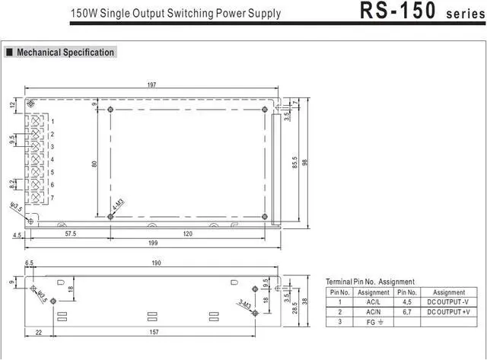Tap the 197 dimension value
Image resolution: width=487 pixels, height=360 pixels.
click(151, 84)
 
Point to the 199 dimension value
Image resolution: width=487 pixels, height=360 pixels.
click(151, 244)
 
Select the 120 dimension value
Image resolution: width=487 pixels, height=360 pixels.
click(187, 234)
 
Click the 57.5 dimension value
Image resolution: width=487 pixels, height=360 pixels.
click(69, 234)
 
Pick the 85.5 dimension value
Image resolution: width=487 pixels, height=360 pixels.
click(294, 163)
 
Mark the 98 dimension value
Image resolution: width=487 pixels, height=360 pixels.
click(304, 163)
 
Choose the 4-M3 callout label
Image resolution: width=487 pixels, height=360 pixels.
click(117, 204)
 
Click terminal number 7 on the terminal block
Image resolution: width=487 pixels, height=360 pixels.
click(53, 198)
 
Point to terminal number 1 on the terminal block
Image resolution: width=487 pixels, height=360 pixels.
click(53, 122)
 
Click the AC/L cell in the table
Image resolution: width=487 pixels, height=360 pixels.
click(374, 302)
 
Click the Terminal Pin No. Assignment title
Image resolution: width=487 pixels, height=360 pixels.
click(370, 282)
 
